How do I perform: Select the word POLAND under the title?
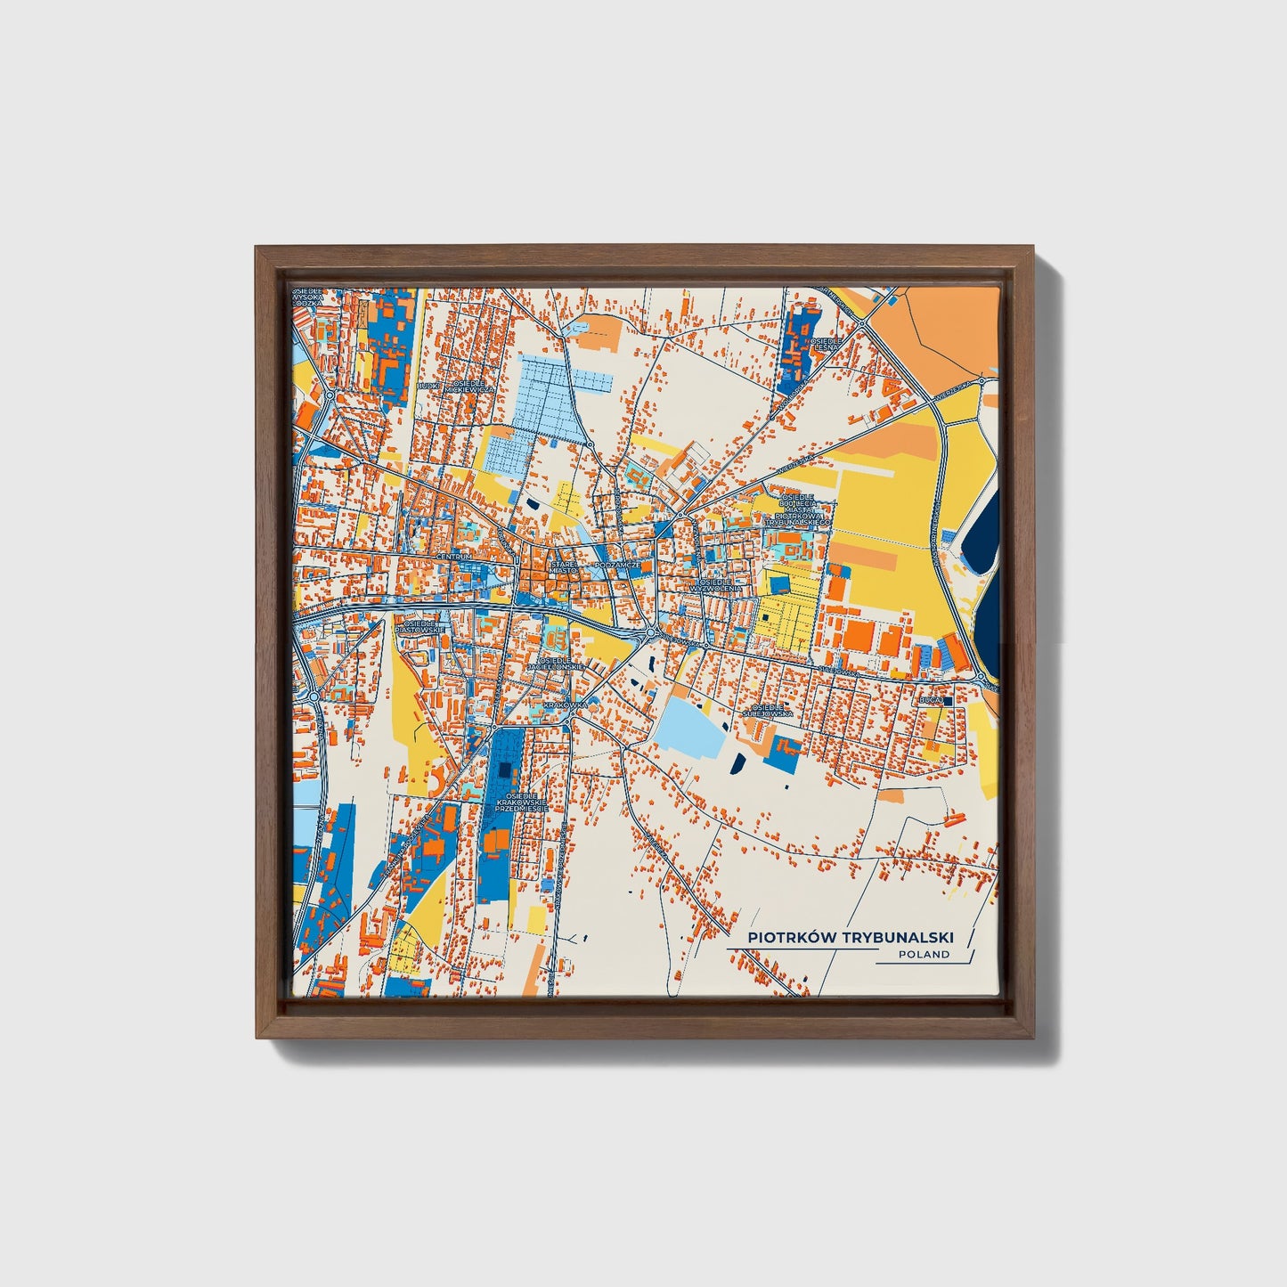tap(924, 954)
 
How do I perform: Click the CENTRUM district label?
tap(453, 557)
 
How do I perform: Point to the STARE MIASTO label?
tap(562, 566)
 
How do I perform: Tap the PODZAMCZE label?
tap(617, 565)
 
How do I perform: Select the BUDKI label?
tap(428, 387)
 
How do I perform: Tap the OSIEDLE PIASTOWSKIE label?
tap(420, 627)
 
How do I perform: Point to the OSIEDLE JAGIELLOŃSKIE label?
tap(554, 663)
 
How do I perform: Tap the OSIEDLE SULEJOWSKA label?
tap(767, 711)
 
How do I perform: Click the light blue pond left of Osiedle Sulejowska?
tap(690, 726)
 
